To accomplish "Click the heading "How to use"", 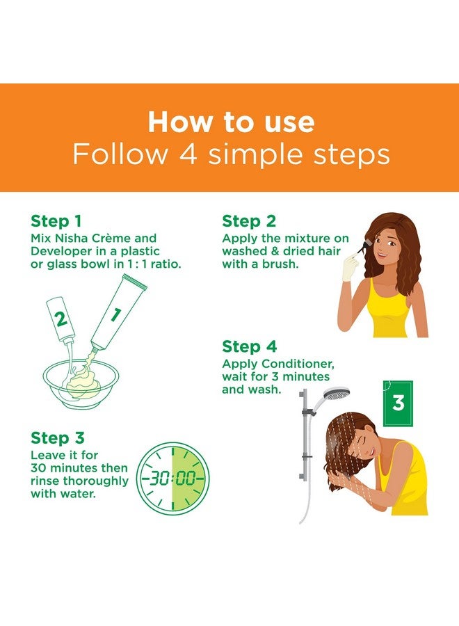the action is [231, 122].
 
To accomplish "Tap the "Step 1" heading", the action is [56, 221].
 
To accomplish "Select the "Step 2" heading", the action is [249, 221].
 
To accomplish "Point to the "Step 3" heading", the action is [58, 438].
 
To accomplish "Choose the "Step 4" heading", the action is [250, 346].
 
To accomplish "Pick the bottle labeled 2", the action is [61, 319].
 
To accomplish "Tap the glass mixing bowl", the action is [81, 384].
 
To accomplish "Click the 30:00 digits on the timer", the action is [173, 477].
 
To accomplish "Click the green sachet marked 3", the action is [398, 403].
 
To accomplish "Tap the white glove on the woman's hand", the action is [351, 268].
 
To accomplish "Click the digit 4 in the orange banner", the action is [188, 154].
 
